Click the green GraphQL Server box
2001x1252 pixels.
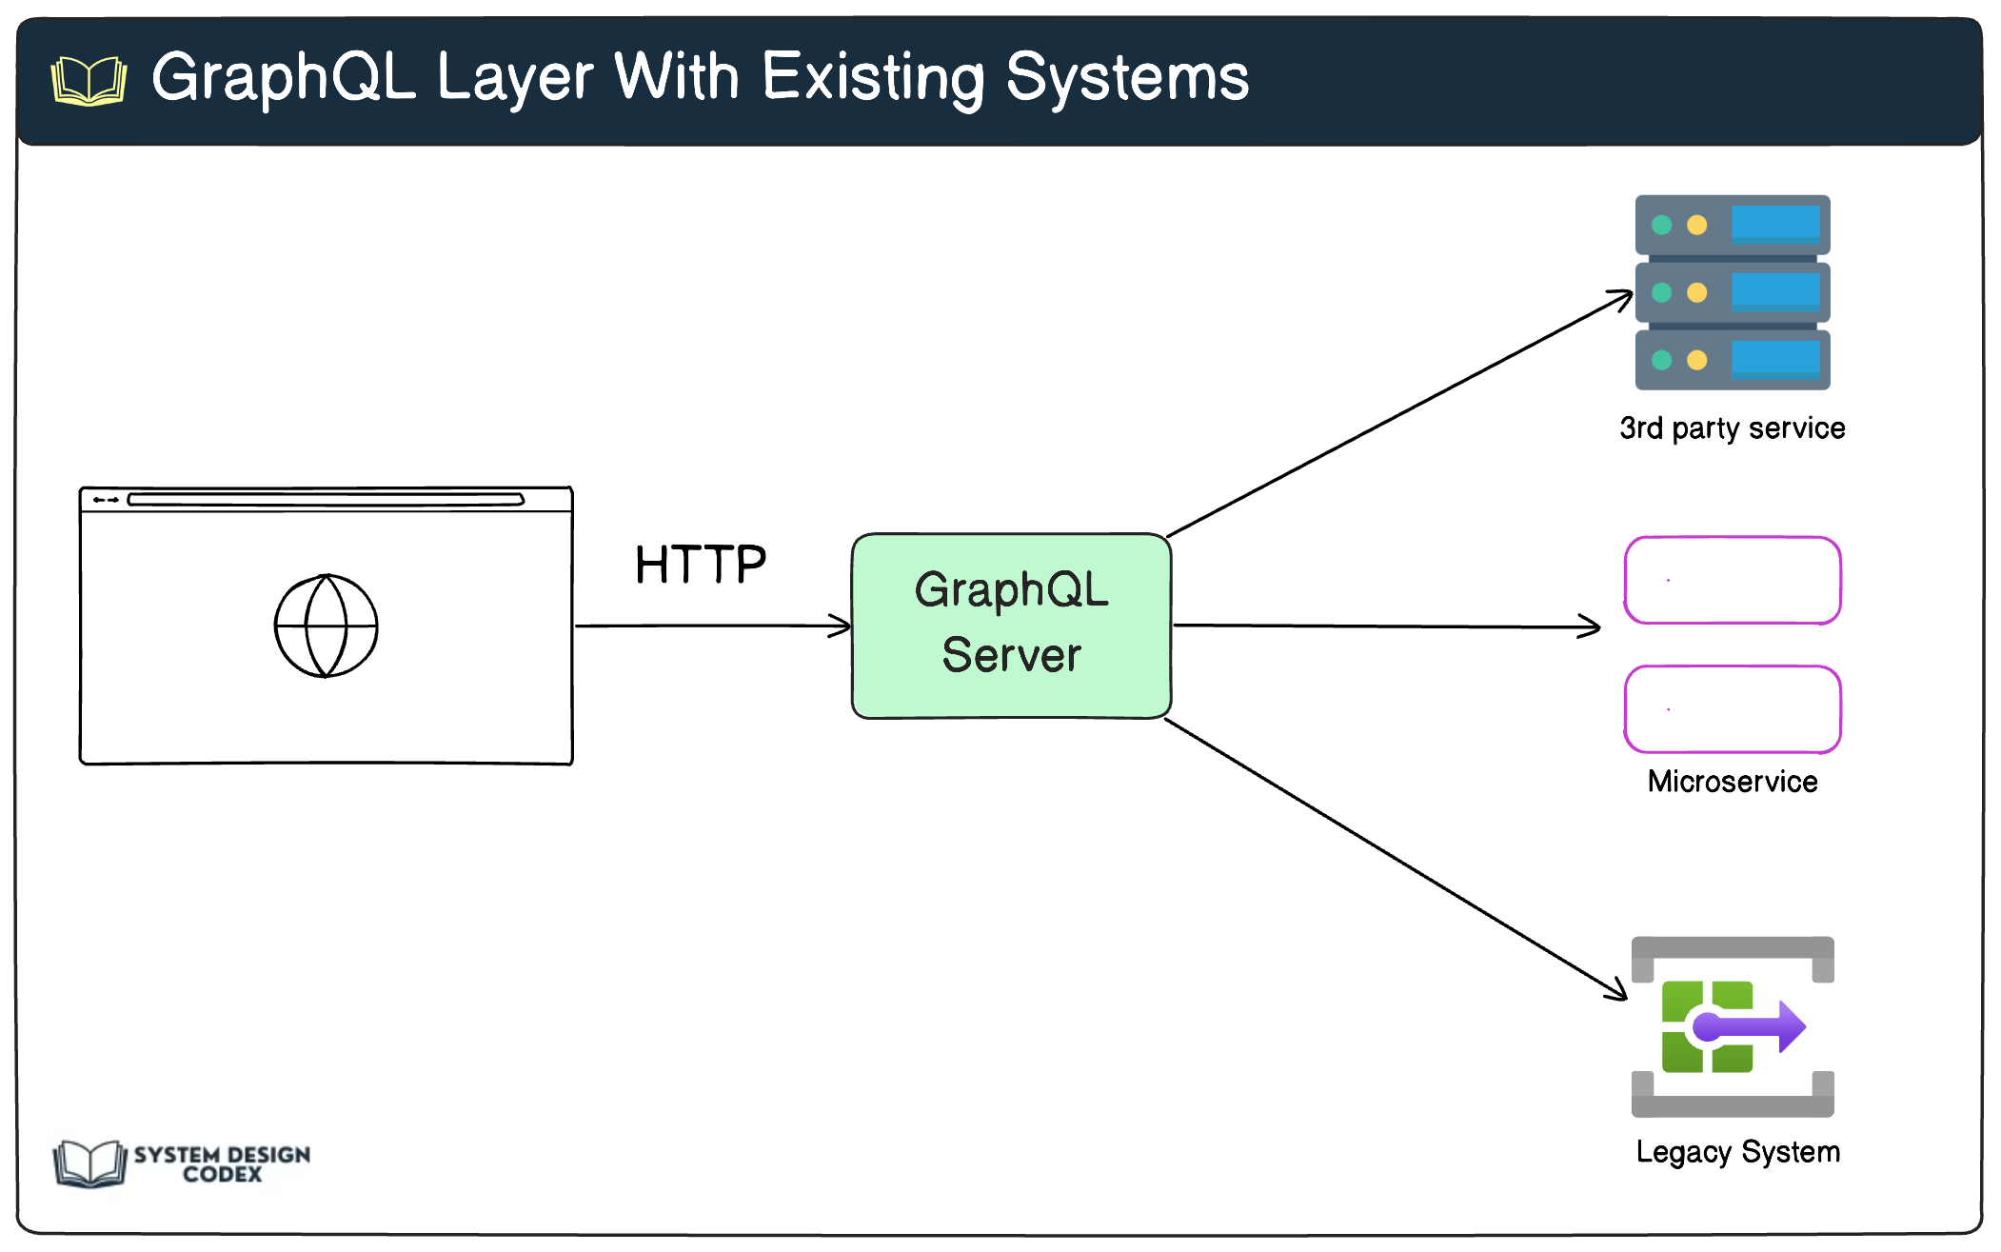[1011, 626]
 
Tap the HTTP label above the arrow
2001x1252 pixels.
[701, 565]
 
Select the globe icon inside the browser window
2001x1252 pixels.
[327, 626]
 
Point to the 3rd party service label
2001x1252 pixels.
[1732, 428]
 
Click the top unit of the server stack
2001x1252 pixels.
[1732, 225]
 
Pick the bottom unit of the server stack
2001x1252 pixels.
[1732, 360]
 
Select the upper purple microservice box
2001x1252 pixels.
[1732, 580]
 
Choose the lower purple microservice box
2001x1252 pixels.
[1732, 709]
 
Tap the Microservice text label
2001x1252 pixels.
[1732, 782]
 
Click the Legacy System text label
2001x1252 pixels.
[1737, 1152]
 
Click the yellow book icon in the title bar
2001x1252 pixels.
[89, 80]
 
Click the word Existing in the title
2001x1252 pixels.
[873, 78]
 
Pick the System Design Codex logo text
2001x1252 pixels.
[222, 1163]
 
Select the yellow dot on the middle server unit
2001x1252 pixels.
[1696, 292]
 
